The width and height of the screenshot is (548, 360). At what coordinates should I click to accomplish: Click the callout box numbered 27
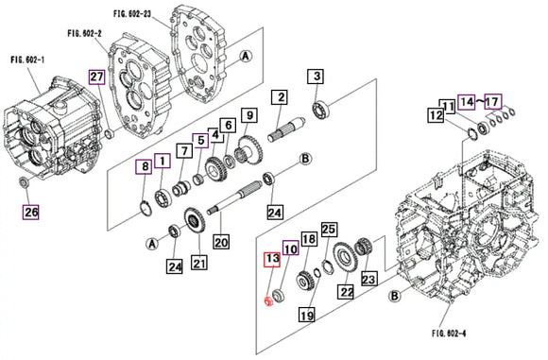[96, 77]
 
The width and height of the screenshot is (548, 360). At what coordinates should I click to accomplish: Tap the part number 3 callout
[317, 77]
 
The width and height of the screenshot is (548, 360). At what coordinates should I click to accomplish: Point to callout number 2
[279, 96]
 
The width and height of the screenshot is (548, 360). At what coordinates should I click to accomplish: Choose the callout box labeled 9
[248, 115]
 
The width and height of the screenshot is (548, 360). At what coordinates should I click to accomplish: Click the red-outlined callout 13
[272, 258]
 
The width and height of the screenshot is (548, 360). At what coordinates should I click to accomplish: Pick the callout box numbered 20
[220, 242]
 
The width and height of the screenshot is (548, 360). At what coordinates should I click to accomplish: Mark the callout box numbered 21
[198, 262]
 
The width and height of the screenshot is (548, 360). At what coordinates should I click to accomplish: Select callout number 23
[368, 279]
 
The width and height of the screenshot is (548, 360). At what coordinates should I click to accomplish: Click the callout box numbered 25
[329, 230]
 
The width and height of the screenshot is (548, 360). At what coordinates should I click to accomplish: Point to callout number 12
[436, 116]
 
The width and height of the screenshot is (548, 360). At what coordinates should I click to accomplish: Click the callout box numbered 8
[144, 167]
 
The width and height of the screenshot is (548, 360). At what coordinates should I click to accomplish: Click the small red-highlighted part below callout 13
[268, 302]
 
